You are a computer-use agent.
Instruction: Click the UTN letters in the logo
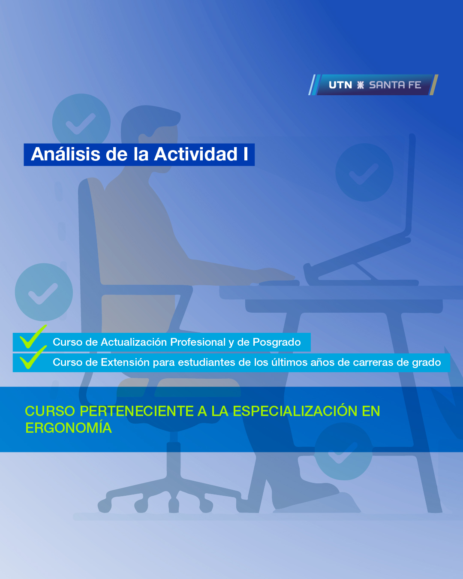(x=340, y=85)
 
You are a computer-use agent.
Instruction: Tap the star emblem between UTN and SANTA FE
(x=361, y=85)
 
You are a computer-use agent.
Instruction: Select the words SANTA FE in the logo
(x=395, y=85)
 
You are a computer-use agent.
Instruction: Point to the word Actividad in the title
(x=196, y=154)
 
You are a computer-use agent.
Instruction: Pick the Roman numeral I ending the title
(x=246, y=154)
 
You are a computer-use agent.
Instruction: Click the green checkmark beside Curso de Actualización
(x=33, y=338)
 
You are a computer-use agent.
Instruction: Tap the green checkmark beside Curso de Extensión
(x=33, y=358)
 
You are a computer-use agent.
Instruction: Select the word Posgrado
(x=277, y=342)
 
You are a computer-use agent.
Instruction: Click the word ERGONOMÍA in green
(x=69, y=428)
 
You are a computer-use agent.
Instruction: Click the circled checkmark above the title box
(x=81, y=123)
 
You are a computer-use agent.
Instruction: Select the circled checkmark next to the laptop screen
(x=364, y=172)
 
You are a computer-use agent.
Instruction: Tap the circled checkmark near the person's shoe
(x=343, y=451)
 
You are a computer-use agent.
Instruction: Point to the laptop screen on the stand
(x=409, y=184)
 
